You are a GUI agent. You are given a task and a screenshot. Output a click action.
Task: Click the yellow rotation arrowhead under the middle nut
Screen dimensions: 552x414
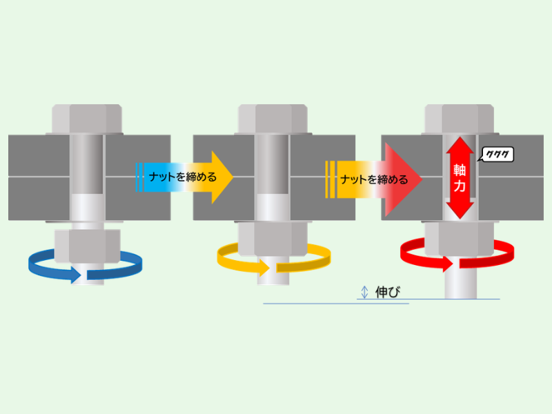click(x=264, y=268)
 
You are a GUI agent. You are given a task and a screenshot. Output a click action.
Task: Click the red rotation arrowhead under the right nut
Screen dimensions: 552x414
click(x=447, y=264)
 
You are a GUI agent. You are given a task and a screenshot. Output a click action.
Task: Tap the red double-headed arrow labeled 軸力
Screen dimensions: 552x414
click(x=460, y=178)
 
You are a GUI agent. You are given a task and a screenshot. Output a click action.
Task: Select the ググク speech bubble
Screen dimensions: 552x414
click(x=496, y=154)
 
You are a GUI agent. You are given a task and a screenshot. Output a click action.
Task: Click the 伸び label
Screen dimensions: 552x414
click(x=388, y=292)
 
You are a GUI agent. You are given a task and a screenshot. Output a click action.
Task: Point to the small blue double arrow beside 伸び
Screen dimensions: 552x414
click(x=365, y=292)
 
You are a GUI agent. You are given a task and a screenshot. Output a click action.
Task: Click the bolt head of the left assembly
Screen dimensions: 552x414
click(x=87, y=119)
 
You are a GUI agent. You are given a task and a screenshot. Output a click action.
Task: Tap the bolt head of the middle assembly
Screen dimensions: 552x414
click(x=273, y=119)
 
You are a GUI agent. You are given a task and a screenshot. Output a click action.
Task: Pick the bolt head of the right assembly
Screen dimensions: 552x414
click(x=460, y=119)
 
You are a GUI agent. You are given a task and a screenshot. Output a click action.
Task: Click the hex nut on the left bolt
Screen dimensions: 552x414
click(x=88, y=246)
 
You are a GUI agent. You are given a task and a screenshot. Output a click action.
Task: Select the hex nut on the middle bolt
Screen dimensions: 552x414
click(x=273, y=239)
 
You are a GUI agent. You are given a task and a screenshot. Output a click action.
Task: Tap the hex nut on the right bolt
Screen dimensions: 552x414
click(x=460, y=239)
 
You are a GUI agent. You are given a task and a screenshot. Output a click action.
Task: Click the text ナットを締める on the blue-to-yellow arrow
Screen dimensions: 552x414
click(x=182, y=177)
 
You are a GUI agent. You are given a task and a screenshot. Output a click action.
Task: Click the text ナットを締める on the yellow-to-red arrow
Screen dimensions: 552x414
click(x=374, y=179)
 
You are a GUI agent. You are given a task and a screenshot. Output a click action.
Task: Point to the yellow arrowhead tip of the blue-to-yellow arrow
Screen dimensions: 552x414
click(x=233, y=177)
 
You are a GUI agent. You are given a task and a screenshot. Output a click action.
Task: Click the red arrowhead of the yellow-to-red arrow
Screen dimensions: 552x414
click(x=404, y=179)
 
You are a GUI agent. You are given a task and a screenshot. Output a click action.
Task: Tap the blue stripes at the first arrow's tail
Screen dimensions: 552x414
click(x=139, y=177)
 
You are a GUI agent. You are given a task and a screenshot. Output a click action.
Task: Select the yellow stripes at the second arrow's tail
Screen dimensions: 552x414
click(x=330, y=179)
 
